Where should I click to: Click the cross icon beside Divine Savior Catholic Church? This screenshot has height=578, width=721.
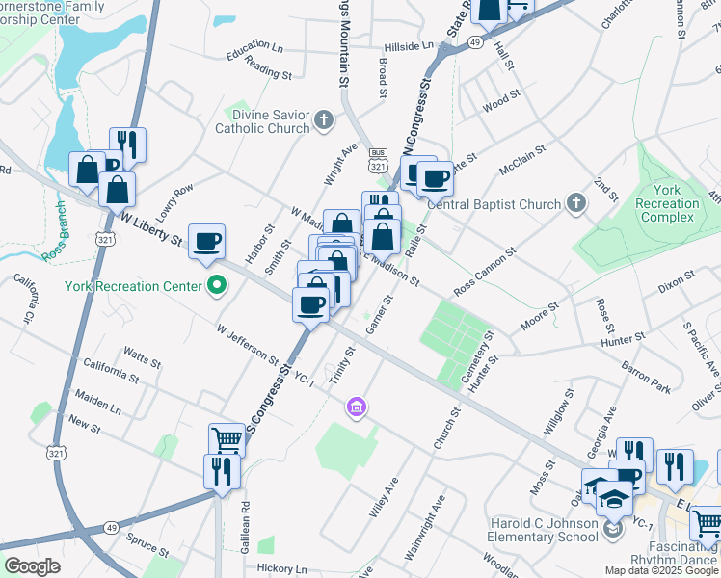(325, 120)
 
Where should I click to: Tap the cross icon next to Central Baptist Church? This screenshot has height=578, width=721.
(575, 203)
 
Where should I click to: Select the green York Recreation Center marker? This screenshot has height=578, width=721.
(217, 286)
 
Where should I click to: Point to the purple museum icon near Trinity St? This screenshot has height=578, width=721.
(357, 408)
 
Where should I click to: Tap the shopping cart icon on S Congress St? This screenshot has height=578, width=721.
(226, 440)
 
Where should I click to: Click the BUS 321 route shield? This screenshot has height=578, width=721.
(379, 160)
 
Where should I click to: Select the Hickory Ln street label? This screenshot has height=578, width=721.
(281, 569)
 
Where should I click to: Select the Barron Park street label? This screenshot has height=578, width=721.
(646, 378)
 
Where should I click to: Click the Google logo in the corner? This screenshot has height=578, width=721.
(31, 567)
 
